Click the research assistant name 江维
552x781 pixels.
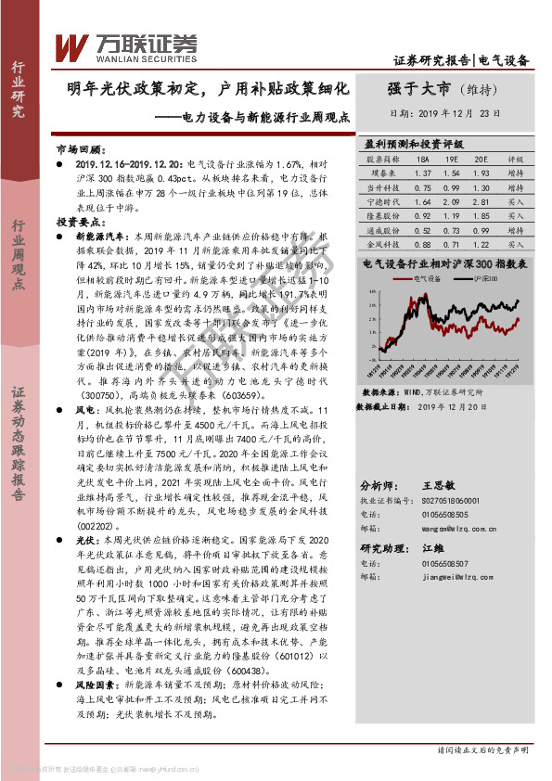click(x=434, y=547)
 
